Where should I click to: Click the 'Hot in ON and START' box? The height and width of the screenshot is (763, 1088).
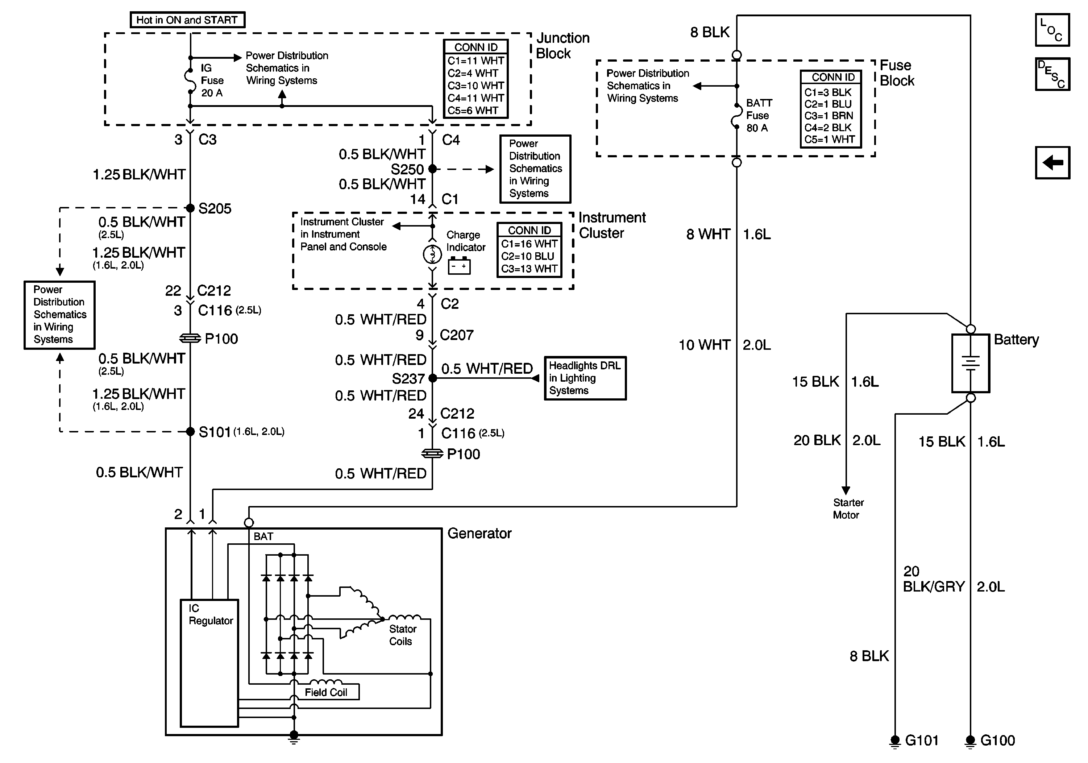coord(187,20)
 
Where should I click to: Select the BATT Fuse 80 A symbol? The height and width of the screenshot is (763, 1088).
coord(737,116)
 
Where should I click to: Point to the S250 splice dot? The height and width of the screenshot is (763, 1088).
coord(432,169)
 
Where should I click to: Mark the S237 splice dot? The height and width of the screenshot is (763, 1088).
coord(432,378)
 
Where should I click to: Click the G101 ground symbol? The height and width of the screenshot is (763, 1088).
coord(895,740)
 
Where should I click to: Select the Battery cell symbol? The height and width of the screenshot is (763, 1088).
coord(971,363)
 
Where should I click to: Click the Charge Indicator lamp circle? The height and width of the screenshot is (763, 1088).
coord(432,255)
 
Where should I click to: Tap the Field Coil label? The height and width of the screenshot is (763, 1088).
coord(326,692)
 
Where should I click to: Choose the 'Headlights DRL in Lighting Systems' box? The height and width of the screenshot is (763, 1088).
coord(585,378)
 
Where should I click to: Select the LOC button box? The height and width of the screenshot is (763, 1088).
coord(1052,30)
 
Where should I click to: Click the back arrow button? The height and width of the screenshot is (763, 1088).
coord(1052,162)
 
